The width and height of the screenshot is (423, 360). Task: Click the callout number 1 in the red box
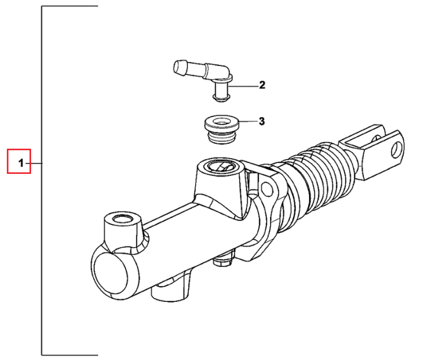[x=21, y=163]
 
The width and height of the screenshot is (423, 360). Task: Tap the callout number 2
[x=262, y=85]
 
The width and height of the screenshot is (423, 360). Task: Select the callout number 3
[x=262, y=121]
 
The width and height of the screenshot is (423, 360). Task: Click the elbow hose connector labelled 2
[x=203, y=79]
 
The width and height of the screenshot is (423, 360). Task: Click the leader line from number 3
[x=248, y=121]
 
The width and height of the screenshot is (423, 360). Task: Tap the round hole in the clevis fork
[x=397, y=150]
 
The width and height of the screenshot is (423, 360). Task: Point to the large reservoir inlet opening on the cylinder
[x=221, y=166]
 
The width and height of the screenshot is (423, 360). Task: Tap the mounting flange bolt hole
[x=267, y=188]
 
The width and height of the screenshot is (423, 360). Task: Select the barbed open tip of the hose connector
[x=179, y=68]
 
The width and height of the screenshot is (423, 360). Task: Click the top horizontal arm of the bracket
[x=69, y=6]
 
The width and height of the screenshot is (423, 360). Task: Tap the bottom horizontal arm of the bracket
[x=69, y=355]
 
